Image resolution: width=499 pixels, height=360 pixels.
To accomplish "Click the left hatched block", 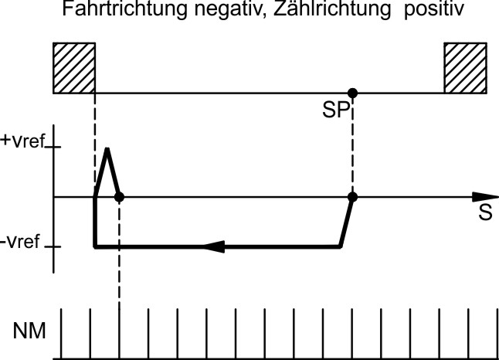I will pyautogui.click(x=73, y=68).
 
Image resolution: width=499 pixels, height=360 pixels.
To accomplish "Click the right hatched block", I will pyautogui.click(x=465, y=68).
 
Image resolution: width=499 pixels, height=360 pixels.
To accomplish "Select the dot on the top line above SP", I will pyautogui.click(x=352, y=93).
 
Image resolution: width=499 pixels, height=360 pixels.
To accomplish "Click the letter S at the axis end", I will pyautogui.click(x=485, y=213).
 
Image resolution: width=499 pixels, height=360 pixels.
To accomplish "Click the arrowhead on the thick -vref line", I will pyautogui.click(x=214, y=247).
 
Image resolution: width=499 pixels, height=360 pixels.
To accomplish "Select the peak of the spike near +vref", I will pyautogui.click(x=107, y=148).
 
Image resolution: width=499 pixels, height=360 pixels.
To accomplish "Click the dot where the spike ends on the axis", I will pyautogui.click(x=119, y=197).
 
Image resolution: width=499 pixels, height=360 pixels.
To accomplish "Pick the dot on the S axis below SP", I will pyautogui.click(x=352, y=197).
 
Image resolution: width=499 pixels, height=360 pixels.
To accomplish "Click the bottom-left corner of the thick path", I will pyautogui.click(x=95, y=247).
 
